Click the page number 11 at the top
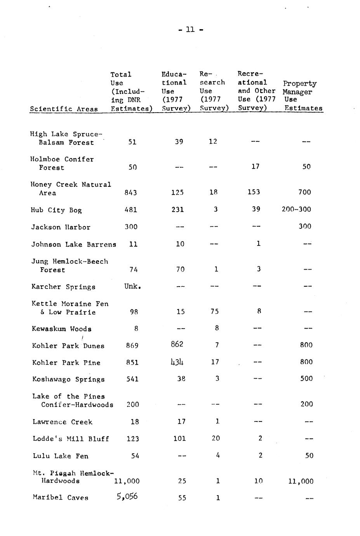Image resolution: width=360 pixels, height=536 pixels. [190, 30]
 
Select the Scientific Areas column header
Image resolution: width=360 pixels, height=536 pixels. [64, 109]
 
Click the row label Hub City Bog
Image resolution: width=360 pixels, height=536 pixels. [56, 210]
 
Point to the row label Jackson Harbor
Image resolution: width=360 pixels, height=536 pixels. [61, 227]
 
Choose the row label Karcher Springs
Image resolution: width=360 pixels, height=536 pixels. [63, 287]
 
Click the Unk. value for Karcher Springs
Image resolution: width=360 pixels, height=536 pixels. [132, 286]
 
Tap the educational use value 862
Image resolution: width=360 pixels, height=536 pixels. [177, 344]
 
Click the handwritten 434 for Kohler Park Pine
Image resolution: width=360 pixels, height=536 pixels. [177, 362]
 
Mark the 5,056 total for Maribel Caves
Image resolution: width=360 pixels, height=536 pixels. [127, 496]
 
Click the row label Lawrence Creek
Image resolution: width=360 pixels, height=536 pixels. [63, 422]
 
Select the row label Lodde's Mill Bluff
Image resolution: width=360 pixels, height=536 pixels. [71, 439]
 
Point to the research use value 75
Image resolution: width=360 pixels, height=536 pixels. [214, 312]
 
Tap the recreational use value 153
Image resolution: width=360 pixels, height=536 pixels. [253, 192]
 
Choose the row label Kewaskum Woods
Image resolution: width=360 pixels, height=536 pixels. [62, 329]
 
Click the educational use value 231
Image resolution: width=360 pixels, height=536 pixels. [177, 209]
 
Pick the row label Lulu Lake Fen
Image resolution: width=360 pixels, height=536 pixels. [60, 456]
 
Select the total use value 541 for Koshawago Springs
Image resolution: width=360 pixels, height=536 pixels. [132, 379]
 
